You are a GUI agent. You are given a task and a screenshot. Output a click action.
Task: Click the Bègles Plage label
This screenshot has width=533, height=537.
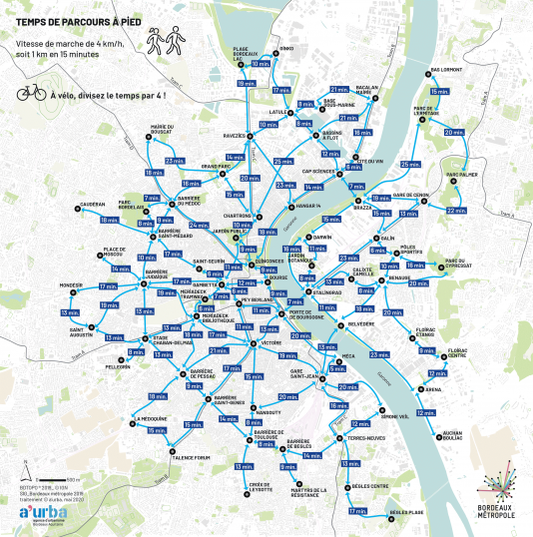[x=406, y=512]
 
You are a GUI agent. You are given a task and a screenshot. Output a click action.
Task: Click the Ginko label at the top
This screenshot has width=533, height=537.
[x=286, y=48]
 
